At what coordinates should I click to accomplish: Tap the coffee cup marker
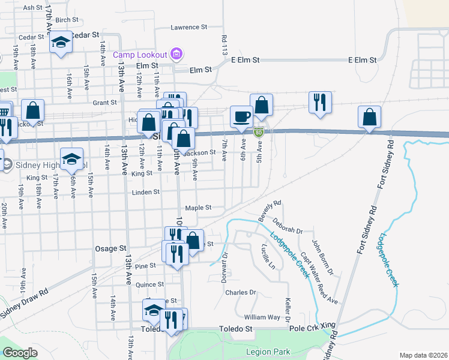(x=241, y=116)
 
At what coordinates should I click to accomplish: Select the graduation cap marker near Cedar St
(x=61, y=42)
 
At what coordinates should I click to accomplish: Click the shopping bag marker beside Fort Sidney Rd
(x=370, y=116)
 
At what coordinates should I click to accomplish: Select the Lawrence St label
(x=188, y=27)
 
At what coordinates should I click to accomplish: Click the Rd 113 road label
(x=224, y=44)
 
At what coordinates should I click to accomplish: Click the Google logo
(x=20, y=353)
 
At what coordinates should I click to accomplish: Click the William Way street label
(x=262, y=317)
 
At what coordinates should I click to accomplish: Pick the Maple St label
(x=198, y=208)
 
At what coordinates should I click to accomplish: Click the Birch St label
(x=63, y=20)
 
